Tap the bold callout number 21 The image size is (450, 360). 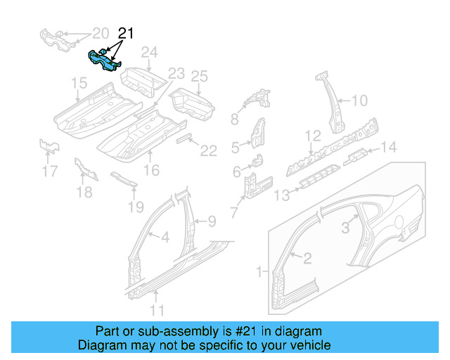[125, 33]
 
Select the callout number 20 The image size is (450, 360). [101, 33]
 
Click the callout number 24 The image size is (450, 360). [149, 52]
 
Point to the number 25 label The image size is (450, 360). [200, 76]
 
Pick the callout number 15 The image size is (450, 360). [79, 84]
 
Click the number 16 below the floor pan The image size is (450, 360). [151, 170]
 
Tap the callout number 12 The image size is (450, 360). [312, 136]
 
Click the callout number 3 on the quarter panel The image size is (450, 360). [345, 226]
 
